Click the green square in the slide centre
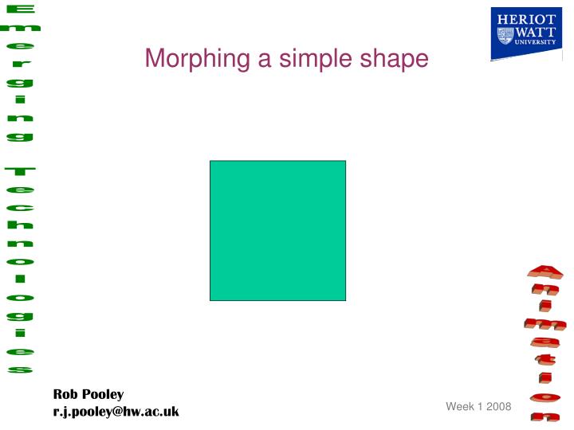click(x=277, y=230)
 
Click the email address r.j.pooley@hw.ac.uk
click(x=116, y=411)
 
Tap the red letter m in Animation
click(x=545, y=324)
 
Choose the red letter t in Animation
click(x=545, y=359)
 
